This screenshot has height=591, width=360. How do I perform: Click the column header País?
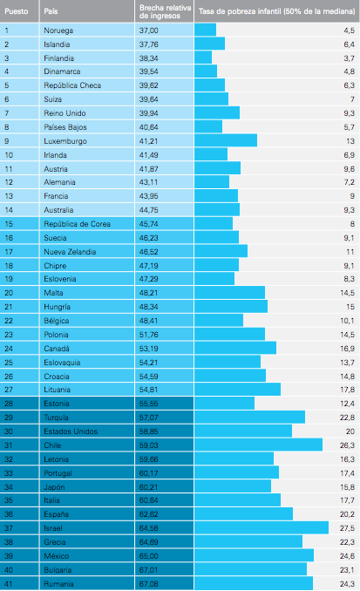pos(51,11)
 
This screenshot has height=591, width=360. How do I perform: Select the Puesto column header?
pos(17,11)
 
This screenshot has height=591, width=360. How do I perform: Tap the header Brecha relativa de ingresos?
pos(165,11)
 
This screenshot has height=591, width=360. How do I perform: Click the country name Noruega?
pos(58,31)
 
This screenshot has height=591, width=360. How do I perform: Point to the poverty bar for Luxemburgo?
pos(226,140)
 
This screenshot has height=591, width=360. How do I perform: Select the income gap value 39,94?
pos(148,113)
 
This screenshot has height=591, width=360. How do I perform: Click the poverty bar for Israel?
pos(262,527)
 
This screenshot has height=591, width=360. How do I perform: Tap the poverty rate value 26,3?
pos(347,445)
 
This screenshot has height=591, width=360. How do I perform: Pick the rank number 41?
pos(9,584)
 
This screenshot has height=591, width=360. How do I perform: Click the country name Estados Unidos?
pos(71,431)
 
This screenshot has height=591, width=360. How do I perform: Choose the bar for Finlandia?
pos(203,58)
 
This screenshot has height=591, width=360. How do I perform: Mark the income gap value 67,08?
pos(148,584)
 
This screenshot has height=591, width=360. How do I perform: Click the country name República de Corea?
pos(77,224)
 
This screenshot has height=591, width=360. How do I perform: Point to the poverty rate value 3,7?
pos(349,58)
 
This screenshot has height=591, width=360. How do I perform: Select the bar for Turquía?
pos(250,417)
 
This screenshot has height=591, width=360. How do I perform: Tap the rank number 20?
pos(9,293)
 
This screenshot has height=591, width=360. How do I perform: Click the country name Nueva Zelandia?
pos(70,252)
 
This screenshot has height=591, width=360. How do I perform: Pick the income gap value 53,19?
pos(148,349)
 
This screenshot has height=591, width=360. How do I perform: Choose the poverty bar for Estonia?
pos(224,403)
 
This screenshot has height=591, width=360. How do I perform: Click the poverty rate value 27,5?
pos(347,528)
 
